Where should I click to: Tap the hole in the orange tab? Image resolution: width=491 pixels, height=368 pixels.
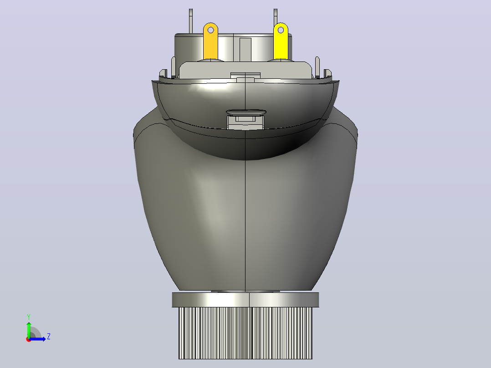(211, 30)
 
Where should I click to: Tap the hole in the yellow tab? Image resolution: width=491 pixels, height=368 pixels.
(281, 30)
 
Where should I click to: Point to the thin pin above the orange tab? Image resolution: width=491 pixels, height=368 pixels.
(191, 20)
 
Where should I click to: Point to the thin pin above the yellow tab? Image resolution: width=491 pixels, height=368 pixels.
(276, 17)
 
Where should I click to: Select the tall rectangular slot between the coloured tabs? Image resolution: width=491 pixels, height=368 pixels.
(245, 50)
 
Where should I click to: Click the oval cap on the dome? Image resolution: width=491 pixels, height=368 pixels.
(246, 112)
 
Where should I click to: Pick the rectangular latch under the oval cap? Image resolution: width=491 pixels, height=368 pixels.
(245, 122)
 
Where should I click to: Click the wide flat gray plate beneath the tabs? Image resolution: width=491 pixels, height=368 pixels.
(245, 70)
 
